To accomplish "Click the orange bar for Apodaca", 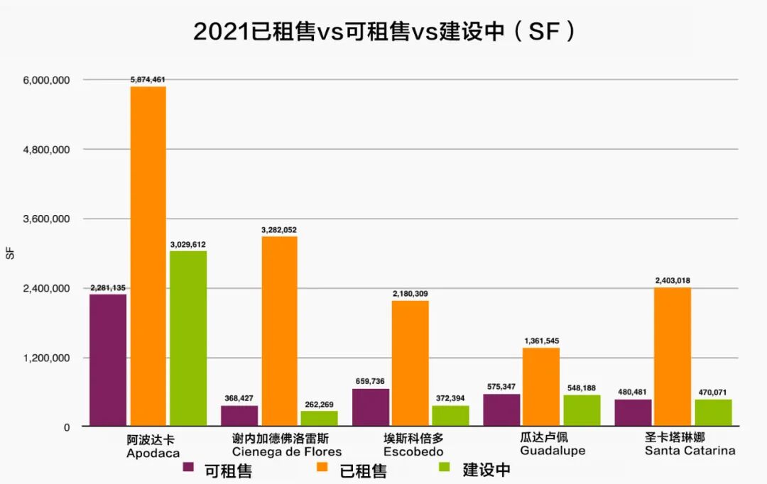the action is (148, 255).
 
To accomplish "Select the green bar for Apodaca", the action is (188, 338).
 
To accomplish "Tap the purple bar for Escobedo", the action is (371, 407).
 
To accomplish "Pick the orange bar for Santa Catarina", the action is (673, 356).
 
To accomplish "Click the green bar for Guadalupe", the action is (582, 410).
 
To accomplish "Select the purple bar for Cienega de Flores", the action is (239, 415).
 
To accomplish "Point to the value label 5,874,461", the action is (148, 79).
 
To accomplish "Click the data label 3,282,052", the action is (279, 230).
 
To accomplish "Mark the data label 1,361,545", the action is (541, 341).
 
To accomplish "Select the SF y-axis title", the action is (10, 253).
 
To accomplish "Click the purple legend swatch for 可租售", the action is (188, 468).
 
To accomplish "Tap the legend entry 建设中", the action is (486, 469).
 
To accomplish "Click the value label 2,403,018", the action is (673, 281).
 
